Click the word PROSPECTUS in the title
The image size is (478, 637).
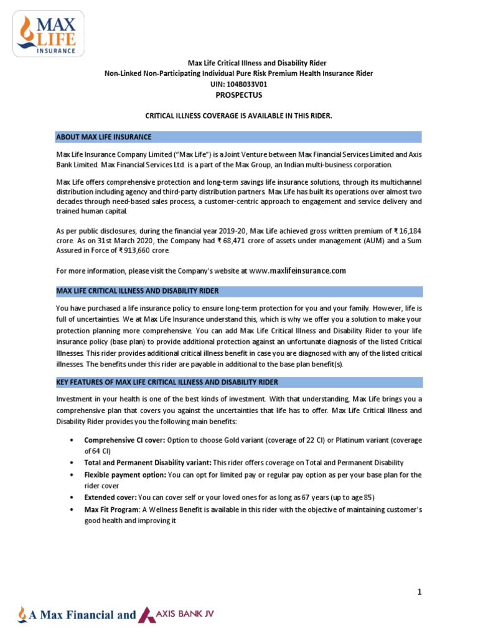pyautogui.click(x=239, y=95)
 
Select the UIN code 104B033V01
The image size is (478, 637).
pyautogui.click(x=251, y=85)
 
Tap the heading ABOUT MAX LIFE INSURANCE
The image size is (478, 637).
pyautogui.click(x=104, y=137)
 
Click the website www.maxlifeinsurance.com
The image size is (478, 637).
pyautogui.click(x=298, y=271)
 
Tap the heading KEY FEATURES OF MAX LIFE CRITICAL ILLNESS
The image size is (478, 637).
pyautogui.click(x=167, y=382)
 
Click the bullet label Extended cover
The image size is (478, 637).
pyautogui.click(x=110, y=498)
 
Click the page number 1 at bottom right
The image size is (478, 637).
pyautogui.click(x=419, y=592)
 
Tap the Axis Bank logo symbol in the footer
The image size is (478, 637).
pyautogui.click(x=148, y=615)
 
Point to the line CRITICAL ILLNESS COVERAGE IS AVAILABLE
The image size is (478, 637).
pyautogui.click(x=239, y=116)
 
